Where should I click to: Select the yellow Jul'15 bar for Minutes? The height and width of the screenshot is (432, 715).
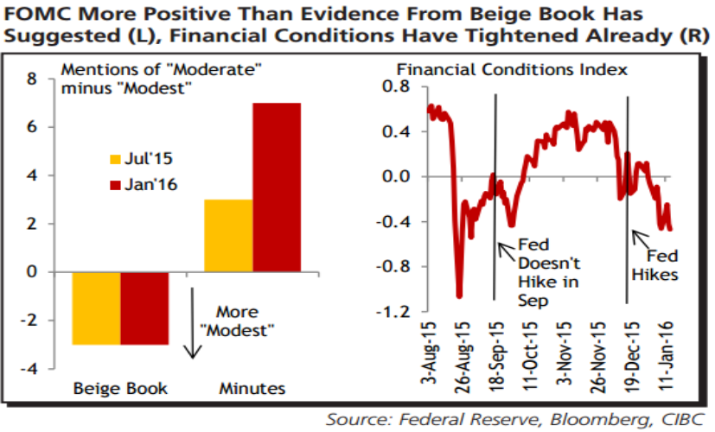pos(227,236)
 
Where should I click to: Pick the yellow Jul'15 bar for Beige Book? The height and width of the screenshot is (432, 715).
pos(95,308)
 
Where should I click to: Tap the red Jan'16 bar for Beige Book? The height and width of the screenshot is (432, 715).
pos(144,308)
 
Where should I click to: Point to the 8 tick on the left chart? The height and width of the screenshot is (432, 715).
pos(33,79)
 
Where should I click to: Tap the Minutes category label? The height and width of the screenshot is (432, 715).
pos(252,389)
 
